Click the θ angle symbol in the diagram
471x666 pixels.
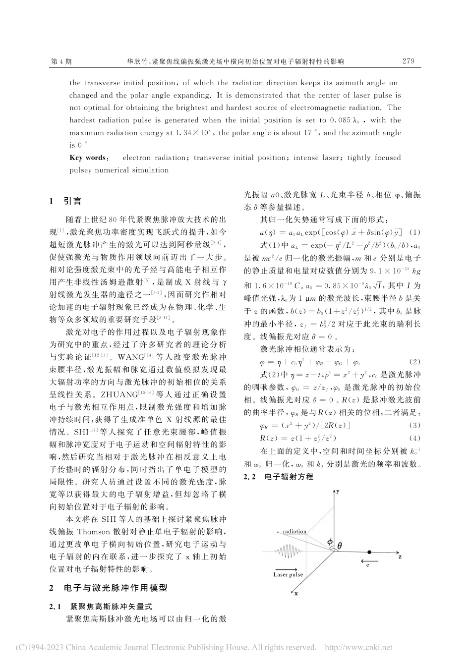coord(339,546)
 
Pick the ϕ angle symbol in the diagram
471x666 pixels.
coord(330,543)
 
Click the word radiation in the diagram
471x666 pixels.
coord(294,532)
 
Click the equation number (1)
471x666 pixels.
coord(415,232)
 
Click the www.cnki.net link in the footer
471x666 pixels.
coord(367,648)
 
